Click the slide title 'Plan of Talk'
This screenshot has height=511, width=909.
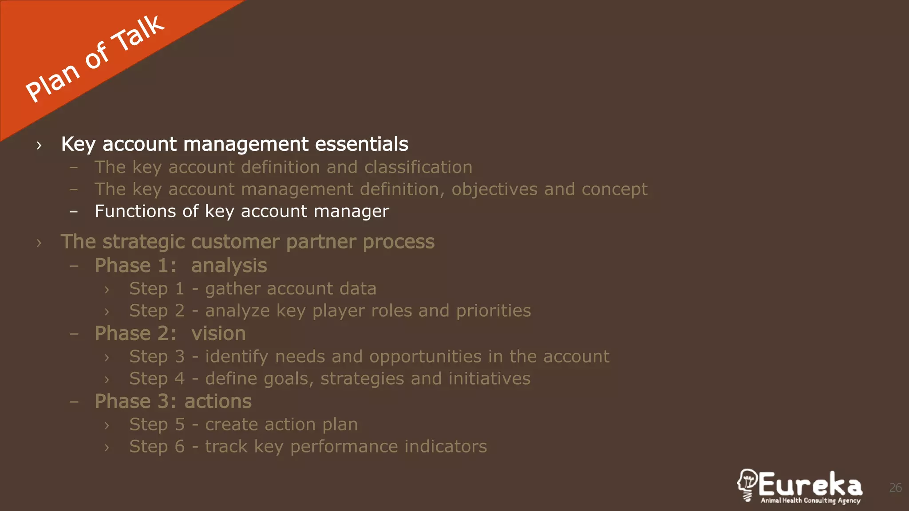tap(95, 59)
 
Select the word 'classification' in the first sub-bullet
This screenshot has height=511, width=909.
tap(418, 167)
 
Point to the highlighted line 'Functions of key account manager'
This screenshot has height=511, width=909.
tap(242, 212)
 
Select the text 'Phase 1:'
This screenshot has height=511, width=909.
tap(135, 266)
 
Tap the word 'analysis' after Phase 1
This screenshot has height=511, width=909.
tap(229, 266)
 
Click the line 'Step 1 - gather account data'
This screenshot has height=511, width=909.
tap(253, 289)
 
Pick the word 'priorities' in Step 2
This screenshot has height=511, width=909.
tap(494, 311)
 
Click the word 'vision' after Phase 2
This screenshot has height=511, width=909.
tap(218, 334)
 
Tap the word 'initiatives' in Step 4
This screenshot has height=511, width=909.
tap(489, 379)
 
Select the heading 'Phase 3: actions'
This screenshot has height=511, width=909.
tap(173, 401)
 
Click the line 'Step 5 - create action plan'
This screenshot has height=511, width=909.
tap(243, 425)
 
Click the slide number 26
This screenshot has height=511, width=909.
tap(895, 488)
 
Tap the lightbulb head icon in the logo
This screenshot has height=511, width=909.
tap(747, 485)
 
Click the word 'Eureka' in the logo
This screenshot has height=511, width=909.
tap(810, 484)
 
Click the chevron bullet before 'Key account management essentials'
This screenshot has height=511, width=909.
tap(39, 145)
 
